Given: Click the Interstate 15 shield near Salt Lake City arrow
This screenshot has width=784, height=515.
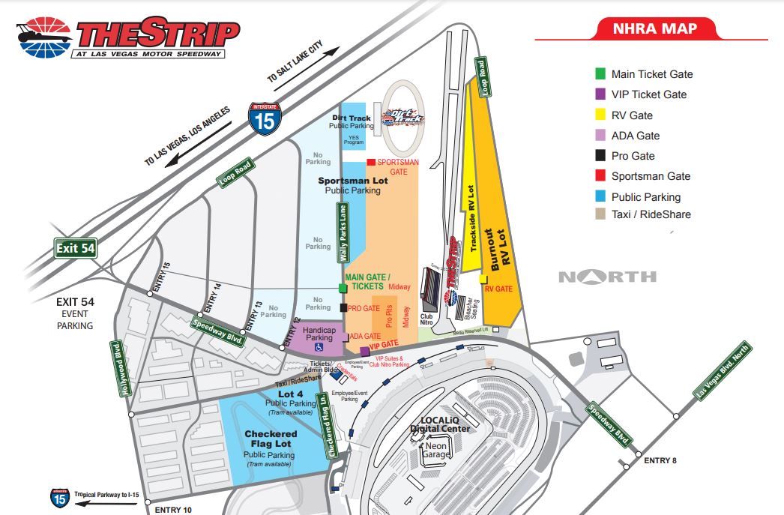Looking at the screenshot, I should pos(262,118).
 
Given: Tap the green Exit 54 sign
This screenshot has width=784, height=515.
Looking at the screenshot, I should pos(76,249).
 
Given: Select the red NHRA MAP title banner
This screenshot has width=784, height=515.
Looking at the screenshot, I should pos(656,29).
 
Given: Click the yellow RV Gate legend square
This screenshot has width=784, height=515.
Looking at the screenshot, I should pos(600,115).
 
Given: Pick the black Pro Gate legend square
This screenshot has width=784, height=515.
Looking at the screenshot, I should pos(600,156).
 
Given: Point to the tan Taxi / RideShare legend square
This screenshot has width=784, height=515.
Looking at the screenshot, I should pos(600,214).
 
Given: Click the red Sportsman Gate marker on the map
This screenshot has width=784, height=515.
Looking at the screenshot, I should pos(370,162).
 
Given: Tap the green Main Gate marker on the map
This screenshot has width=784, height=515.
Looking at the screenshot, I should pos(343,288).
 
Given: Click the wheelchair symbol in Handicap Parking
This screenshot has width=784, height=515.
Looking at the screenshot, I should pos(318,347).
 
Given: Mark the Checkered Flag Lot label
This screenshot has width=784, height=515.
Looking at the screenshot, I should pos(271,439).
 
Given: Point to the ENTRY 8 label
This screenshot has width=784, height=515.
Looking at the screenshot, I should pos(660,460).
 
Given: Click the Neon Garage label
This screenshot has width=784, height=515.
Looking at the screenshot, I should pos(435,450).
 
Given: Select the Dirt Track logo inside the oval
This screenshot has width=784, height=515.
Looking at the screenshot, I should pos(403,117).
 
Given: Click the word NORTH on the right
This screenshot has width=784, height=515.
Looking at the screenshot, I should pos(607,277).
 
